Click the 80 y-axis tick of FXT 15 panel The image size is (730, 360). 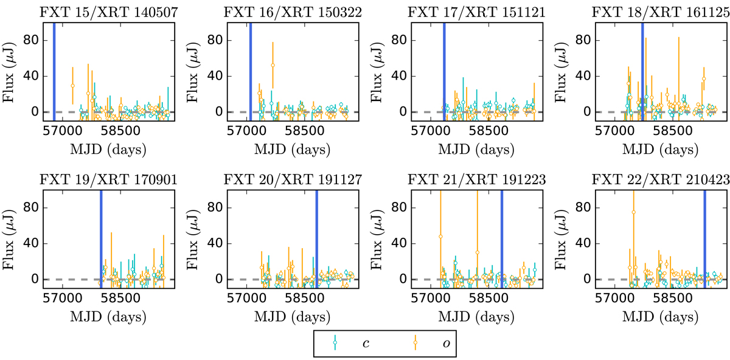tap(31, 41)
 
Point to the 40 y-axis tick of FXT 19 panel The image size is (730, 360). tap(31, 244)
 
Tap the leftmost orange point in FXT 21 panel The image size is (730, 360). tap(440, 237)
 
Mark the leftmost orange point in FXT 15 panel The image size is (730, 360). tap(72, 85)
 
